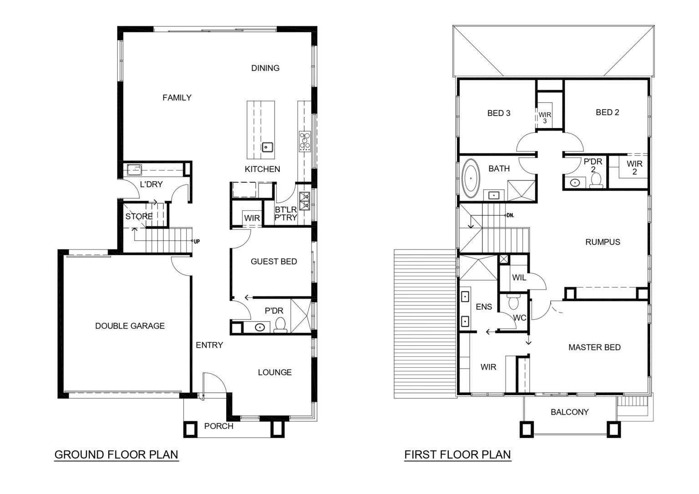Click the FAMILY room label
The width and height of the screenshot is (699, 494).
click(177, 98)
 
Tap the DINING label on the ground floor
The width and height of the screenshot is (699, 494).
click(265, 68)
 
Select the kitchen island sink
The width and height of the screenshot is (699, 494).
click(267, 147)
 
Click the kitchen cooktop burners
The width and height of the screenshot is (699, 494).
click(305, 142)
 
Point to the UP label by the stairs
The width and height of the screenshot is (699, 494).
click(197, 241)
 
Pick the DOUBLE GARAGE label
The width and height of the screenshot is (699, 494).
click(130, 326)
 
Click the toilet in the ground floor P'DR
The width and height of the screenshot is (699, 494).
click(280, 325)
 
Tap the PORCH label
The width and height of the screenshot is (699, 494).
click(219, 426)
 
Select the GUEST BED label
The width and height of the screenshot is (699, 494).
click(274, 261)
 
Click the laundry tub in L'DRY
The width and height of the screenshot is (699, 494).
click(135, 170)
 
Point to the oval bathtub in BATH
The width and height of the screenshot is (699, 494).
click(471, 179)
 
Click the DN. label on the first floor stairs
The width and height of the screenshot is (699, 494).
click(510, 215)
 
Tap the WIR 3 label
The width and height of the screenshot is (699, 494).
click(545, 118)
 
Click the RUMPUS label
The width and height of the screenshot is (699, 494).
click(603, 242)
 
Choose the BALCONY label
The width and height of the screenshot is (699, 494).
click(569, 412)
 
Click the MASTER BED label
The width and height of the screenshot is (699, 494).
click(594, 348)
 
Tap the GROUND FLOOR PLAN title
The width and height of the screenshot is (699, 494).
click(116, 455)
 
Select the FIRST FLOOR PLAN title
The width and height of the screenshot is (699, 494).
click(457, 455)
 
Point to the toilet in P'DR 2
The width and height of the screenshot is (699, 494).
click(596, 180)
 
